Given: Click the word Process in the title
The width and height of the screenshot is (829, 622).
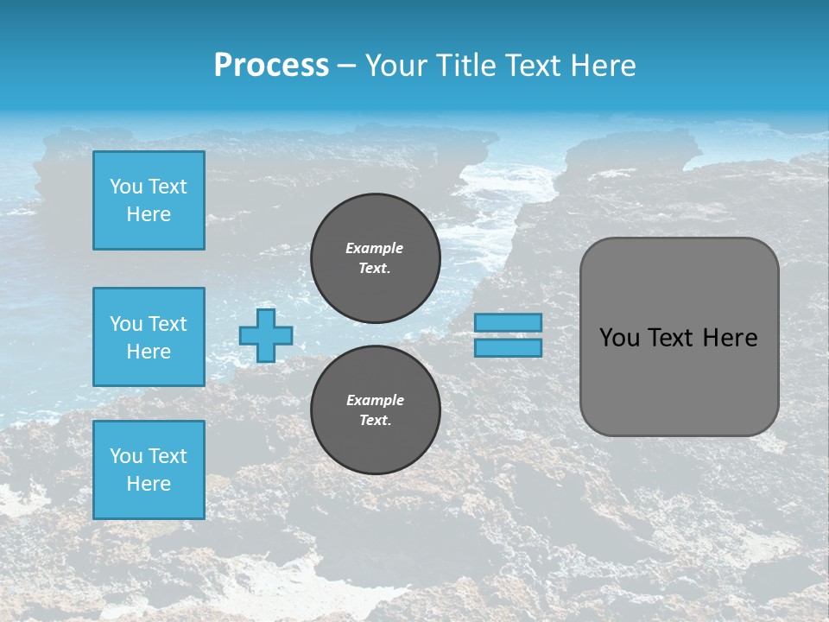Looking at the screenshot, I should pos(271,66).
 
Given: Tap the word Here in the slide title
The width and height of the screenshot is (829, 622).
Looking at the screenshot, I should pos(598,66).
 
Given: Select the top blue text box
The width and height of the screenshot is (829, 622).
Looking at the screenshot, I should pos(149,200).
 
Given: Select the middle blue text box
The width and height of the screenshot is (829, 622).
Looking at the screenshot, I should pos(149,337).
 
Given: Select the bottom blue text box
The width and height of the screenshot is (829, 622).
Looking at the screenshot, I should pos(149,470).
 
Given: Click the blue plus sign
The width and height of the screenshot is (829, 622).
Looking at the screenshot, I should pos(266,336).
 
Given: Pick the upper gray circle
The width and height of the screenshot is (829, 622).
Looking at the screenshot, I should pos(376,257).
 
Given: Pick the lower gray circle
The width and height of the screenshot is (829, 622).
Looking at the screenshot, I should pos(376,409).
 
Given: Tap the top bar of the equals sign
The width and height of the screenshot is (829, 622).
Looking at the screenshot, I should pos(509,323).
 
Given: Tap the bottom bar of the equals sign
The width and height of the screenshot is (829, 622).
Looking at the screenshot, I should pos(509,347).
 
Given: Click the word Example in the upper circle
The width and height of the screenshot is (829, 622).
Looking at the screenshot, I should pos(375,248).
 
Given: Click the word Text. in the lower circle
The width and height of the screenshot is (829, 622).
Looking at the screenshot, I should pos(375,421).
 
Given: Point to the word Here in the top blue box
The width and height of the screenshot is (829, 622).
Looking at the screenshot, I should pos(149,214).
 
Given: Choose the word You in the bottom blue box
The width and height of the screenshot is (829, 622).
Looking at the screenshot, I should pos(125,456).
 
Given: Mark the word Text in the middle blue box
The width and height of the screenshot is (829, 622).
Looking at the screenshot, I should pos(167,324).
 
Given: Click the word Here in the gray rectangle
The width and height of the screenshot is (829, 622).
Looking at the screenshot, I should pos(730,338).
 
